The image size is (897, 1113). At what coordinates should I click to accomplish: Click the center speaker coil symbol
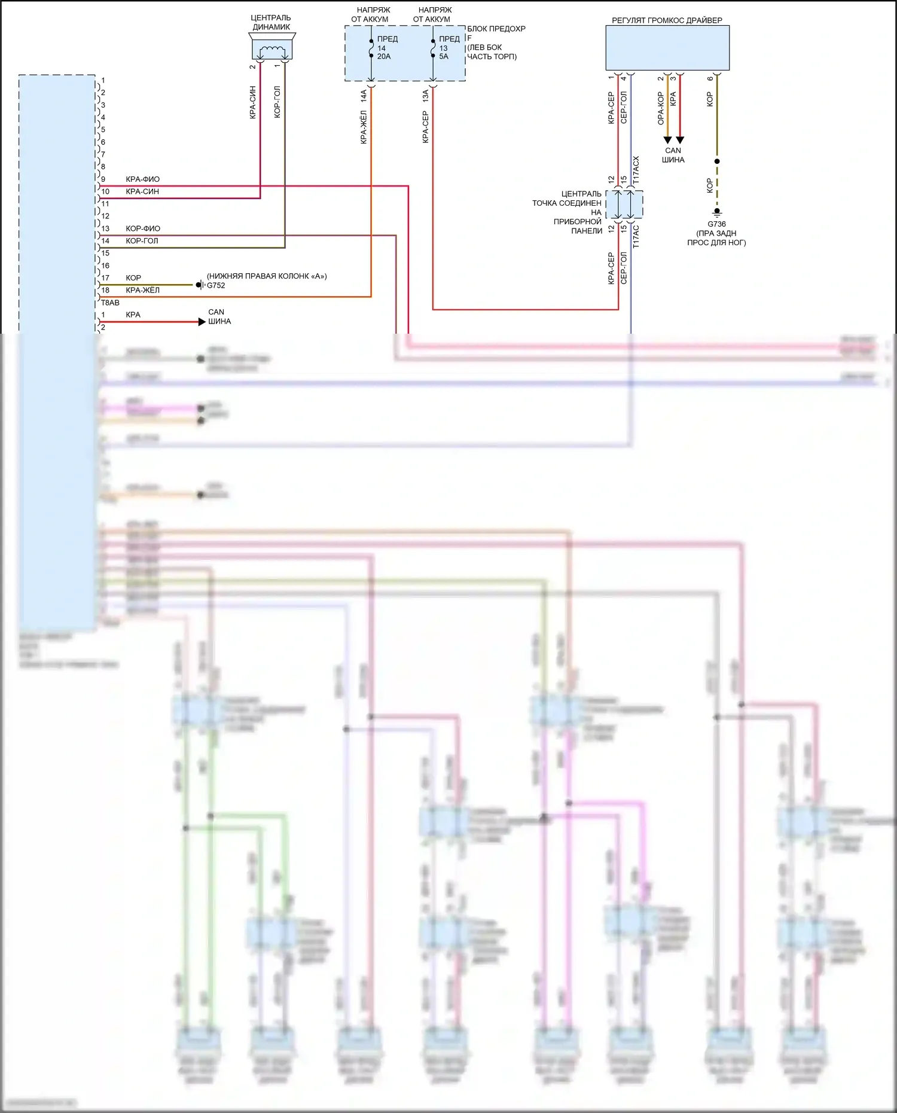coord(272,50)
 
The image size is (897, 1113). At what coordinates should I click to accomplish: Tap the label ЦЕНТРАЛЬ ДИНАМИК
coord(271,22)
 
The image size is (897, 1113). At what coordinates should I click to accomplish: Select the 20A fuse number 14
coord(371,48)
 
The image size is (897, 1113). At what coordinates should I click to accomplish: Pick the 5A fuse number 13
coord(433,48)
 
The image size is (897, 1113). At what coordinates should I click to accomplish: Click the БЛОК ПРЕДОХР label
coord(496,29)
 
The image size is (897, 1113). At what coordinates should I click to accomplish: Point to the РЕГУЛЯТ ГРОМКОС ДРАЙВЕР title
coord(667,20)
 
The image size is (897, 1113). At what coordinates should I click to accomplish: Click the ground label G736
coord(716,224)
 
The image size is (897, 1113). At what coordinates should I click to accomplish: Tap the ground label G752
coord(216,286)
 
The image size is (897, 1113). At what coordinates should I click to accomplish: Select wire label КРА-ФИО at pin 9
coord(142,179)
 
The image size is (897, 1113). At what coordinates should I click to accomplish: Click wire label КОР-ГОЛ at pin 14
coord(142,241)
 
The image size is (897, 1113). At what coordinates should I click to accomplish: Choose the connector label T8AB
coord(110,303)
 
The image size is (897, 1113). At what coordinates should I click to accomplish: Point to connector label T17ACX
coord(636,170)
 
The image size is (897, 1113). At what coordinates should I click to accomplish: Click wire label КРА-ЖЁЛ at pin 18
coord(142,291)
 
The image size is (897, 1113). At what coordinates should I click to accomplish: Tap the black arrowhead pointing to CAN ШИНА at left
coord(202,322)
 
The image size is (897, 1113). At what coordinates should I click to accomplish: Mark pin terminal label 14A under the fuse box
coord(364,96)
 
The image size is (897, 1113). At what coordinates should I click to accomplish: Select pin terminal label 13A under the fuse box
coord(425,96)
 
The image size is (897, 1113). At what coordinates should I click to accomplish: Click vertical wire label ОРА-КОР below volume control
coord(661,108)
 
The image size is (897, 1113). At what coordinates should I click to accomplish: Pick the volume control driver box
coord(667,48)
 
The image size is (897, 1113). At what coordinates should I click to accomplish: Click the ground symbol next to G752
coord(200,285)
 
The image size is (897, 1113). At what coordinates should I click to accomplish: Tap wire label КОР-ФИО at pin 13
coord(143,228)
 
